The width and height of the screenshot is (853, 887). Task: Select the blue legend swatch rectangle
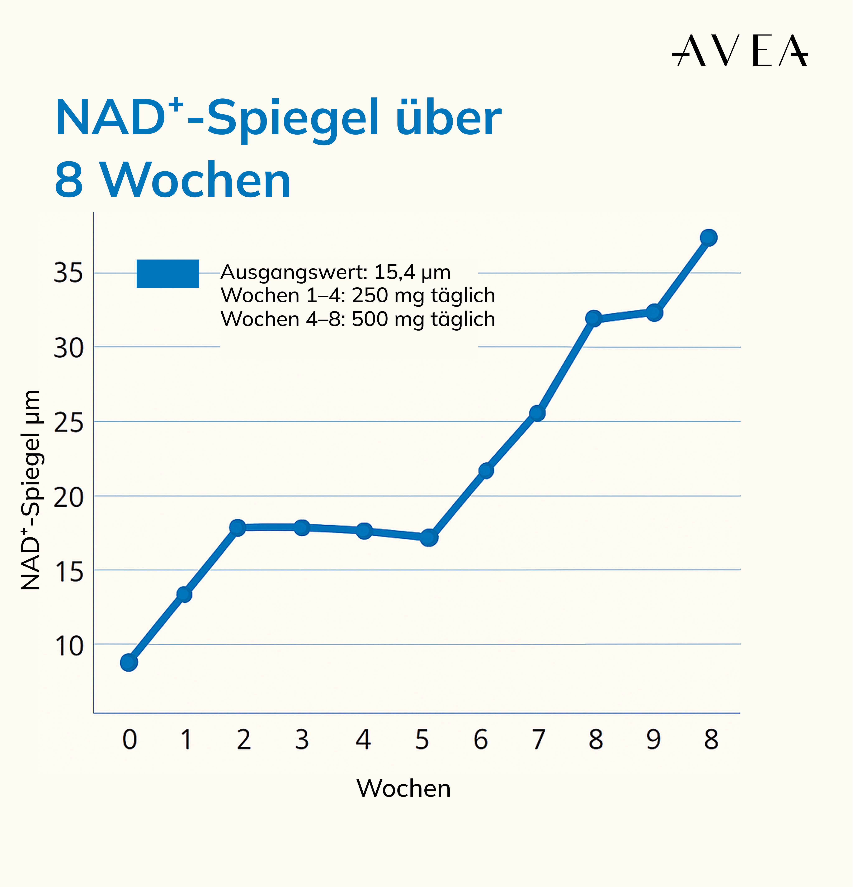coord(168,273)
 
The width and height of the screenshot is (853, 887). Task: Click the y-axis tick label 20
coord(69,497)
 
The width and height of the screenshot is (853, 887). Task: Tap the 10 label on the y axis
coord(69,646)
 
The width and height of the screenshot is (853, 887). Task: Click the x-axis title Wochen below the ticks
coord(404,788)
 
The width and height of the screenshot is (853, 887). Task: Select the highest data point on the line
coord(708,238)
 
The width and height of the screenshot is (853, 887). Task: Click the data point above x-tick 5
coord(429,538)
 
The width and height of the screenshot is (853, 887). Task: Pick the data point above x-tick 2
coord(237,527)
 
